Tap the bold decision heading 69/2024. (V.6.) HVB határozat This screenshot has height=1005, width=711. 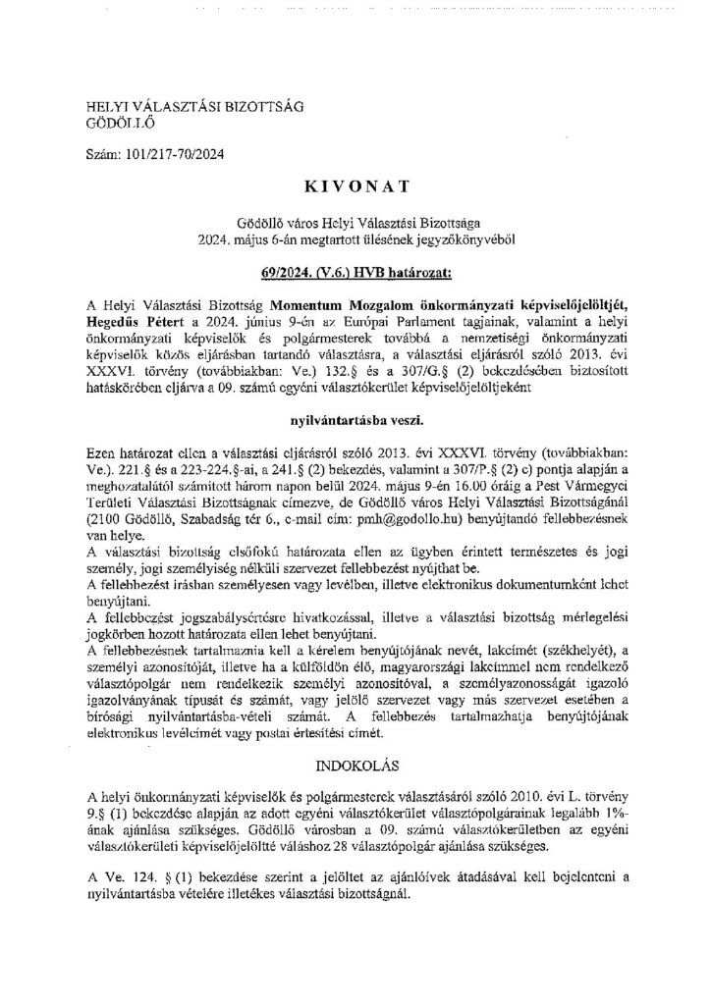355,265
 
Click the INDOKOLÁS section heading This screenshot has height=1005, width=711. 355,761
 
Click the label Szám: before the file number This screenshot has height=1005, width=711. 105,155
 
